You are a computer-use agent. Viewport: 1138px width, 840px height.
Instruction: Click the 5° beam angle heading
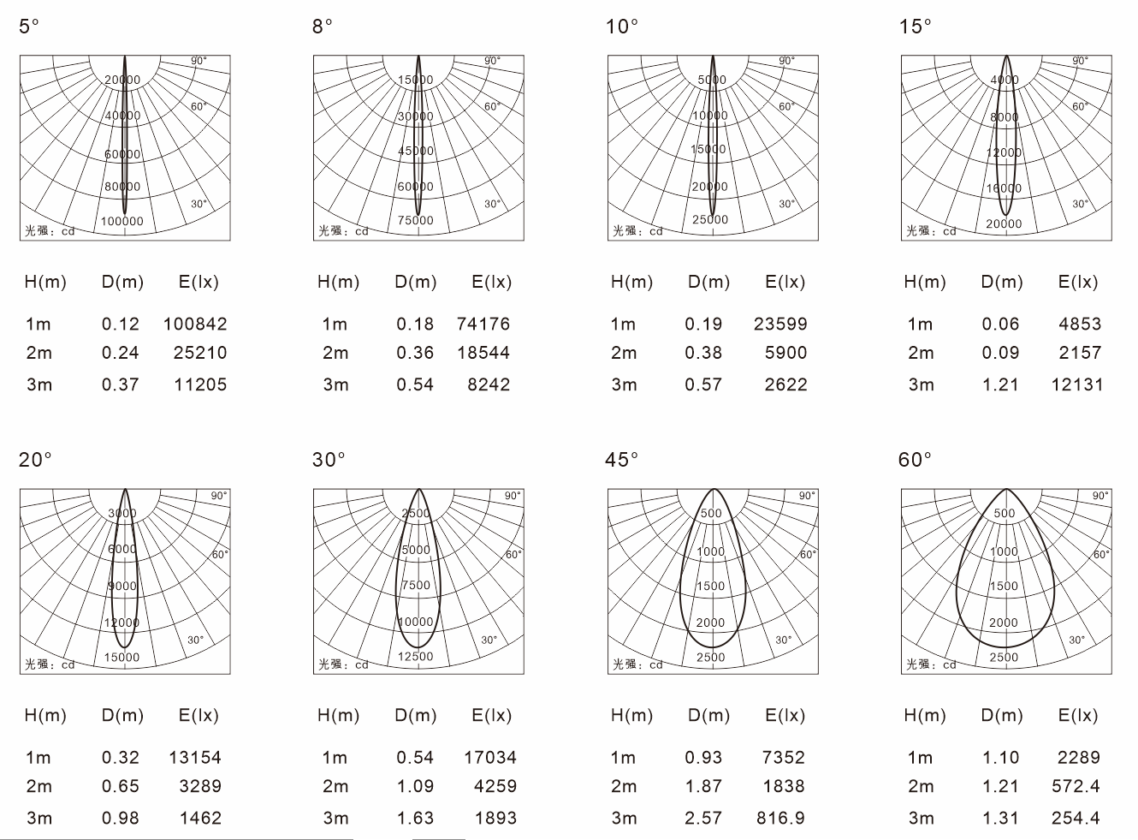coord(29,26)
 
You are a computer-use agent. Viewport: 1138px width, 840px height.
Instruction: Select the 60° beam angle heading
coord(915,460)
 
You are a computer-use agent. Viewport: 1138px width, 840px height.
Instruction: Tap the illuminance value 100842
coord(195,324)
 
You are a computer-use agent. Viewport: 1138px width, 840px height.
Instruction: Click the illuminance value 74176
coord(483,324)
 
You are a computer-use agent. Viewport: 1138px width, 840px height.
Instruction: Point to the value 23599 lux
coord(780,324)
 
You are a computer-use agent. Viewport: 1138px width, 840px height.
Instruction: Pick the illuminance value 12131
coord(1077,384)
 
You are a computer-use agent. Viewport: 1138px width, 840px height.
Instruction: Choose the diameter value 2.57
coord(703,818)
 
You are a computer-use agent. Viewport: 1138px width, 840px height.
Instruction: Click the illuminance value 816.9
coord(780,818)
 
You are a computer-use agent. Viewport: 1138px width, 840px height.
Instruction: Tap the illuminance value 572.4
coord(1076,786)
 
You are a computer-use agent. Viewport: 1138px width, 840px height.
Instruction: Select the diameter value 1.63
coord(415,818)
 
